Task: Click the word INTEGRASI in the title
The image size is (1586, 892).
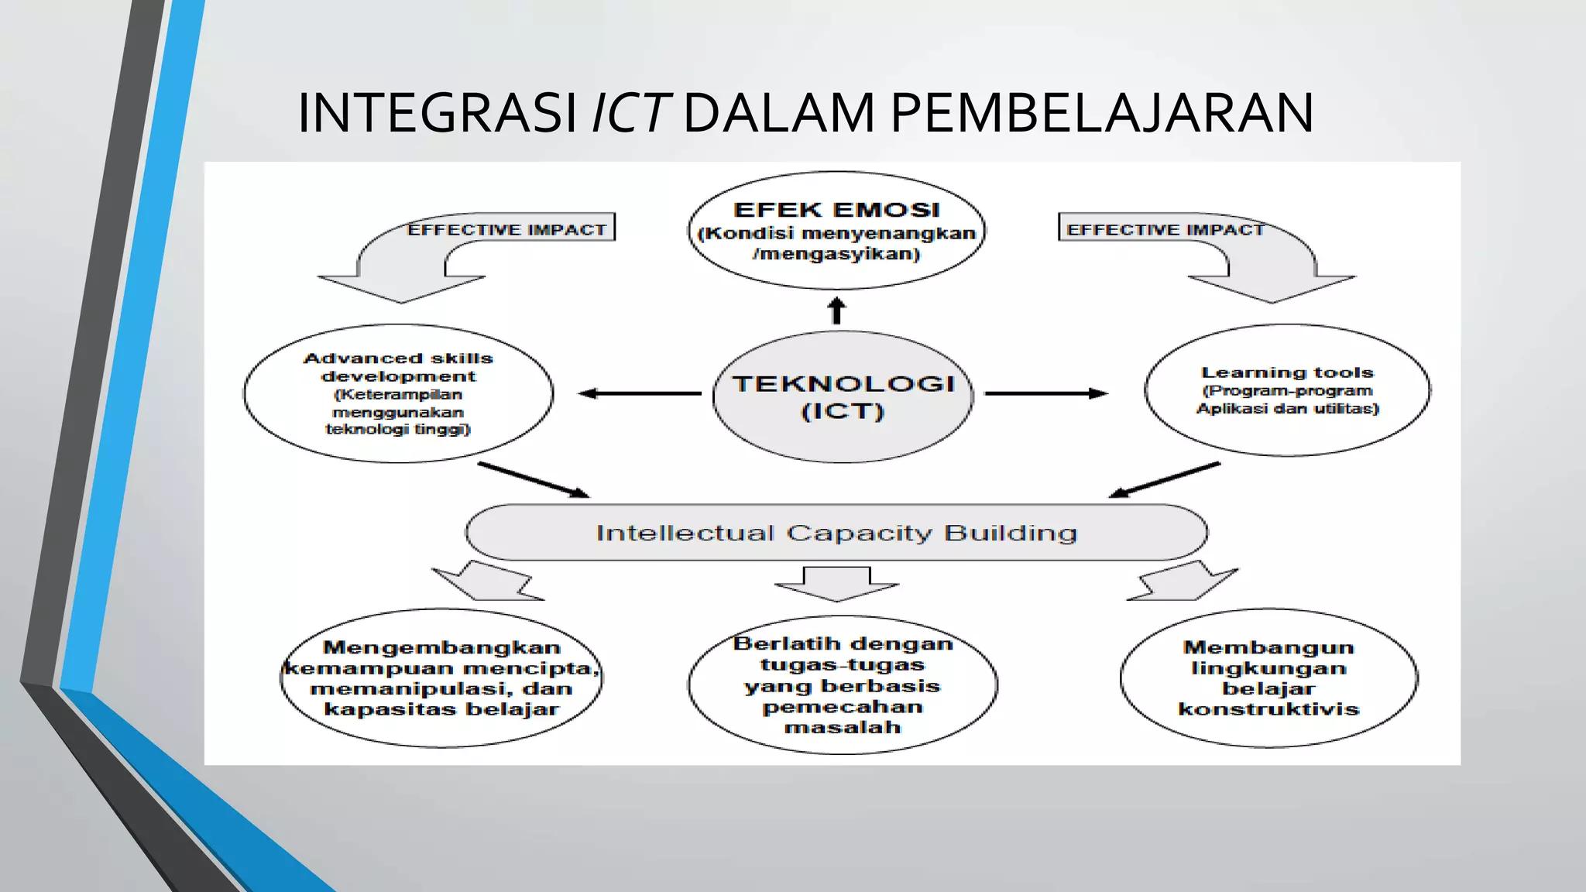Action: tap(438, 113)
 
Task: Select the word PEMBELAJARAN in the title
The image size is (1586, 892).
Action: tap(1101, 113)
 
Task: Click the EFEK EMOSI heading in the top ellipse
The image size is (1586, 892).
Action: tap(836, 210)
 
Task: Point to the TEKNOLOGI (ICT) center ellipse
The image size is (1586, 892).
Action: tap(843, 396)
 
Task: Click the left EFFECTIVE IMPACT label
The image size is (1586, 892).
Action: tap(506, 230)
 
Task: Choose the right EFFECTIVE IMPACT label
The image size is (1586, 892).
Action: tap(1165, 230)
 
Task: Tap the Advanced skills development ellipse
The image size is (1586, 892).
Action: tap(398, 393)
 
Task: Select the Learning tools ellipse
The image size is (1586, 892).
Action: tap(1287, 390)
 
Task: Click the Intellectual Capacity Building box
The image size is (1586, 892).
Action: tap(836, 533)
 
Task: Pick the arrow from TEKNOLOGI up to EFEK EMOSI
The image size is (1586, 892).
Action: tap(836, 310)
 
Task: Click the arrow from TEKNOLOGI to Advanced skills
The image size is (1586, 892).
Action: tap(640, 393)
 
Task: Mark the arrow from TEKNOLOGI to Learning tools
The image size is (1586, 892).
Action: tap(1045, 393)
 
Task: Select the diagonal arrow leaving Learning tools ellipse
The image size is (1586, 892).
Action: tap(1165, 480)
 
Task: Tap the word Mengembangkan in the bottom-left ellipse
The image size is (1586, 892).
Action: tap(441, 647)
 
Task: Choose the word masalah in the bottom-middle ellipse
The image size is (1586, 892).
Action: tap(843, 727)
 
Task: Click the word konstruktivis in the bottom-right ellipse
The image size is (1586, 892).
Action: tap(1268, 709)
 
